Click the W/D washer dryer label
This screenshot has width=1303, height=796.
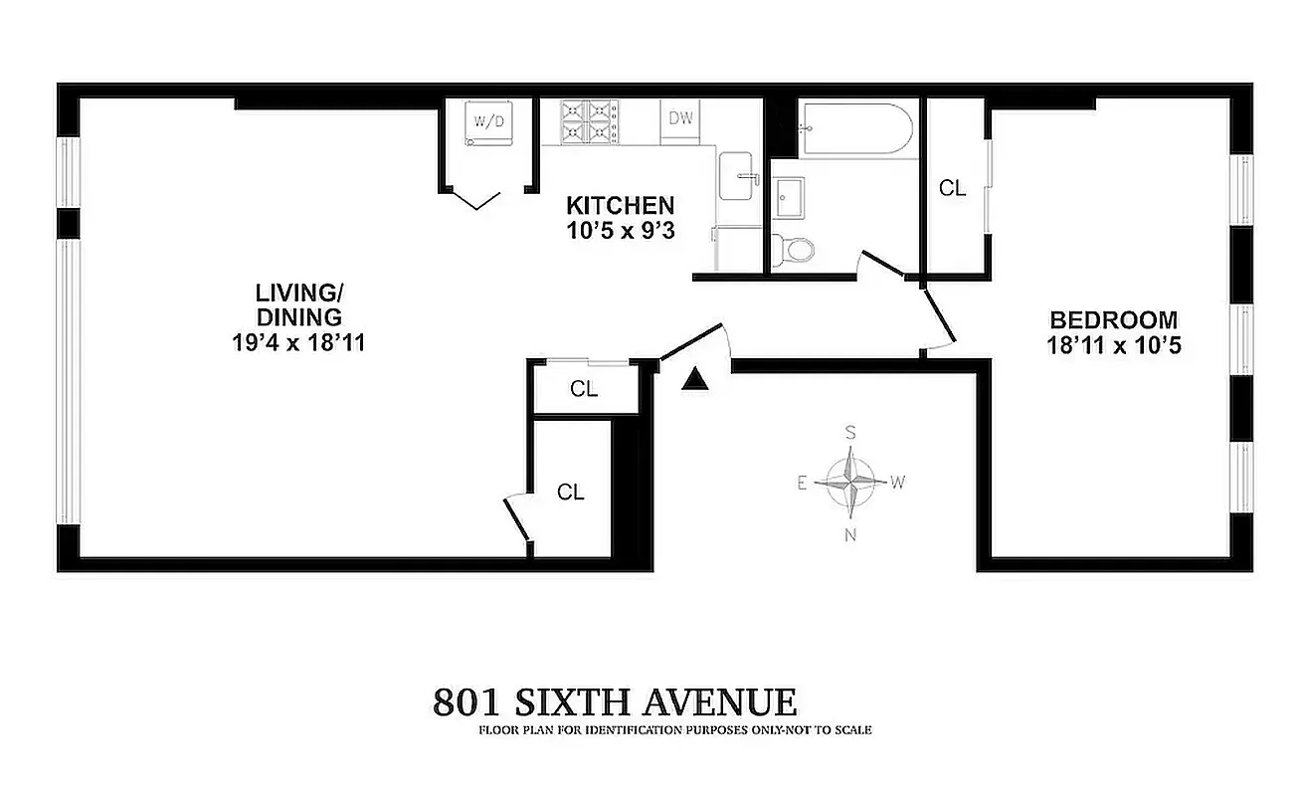(489, 122)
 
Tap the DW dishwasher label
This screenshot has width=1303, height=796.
(681, 118)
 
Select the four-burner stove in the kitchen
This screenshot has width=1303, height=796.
(588, 120)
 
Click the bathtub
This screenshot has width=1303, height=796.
(857, 128)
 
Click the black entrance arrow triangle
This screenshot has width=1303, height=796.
(697, 378)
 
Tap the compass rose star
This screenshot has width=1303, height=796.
(851, 482)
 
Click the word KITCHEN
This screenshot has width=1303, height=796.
(621, 206)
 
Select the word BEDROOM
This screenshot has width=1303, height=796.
(1114, 320)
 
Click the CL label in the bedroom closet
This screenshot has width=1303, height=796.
(953, 187)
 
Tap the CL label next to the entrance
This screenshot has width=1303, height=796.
(584, 389)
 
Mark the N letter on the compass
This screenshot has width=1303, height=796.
(851, 535)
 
